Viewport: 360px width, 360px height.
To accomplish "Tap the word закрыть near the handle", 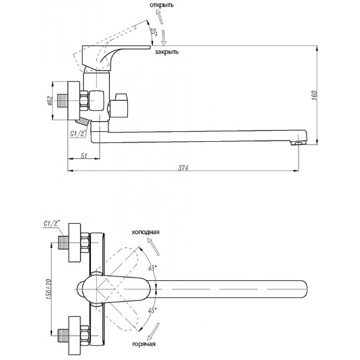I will [166, 52].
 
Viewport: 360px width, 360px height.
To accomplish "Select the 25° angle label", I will [153, 32].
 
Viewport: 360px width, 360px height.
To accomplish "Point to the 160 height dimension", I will [315, 96].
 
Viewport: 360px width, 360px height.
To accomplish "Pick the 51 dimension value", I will [84, 155].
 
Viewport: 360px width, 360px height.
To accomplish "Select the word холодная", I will [145, 233].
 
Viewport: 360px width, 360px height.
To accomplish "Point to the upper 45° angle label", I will [153, 268].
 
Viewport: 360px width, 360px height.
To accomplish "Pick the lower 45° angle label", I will [153, 310].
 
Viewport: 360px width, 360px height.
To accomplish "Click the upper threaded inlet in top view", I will [63, 244].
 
